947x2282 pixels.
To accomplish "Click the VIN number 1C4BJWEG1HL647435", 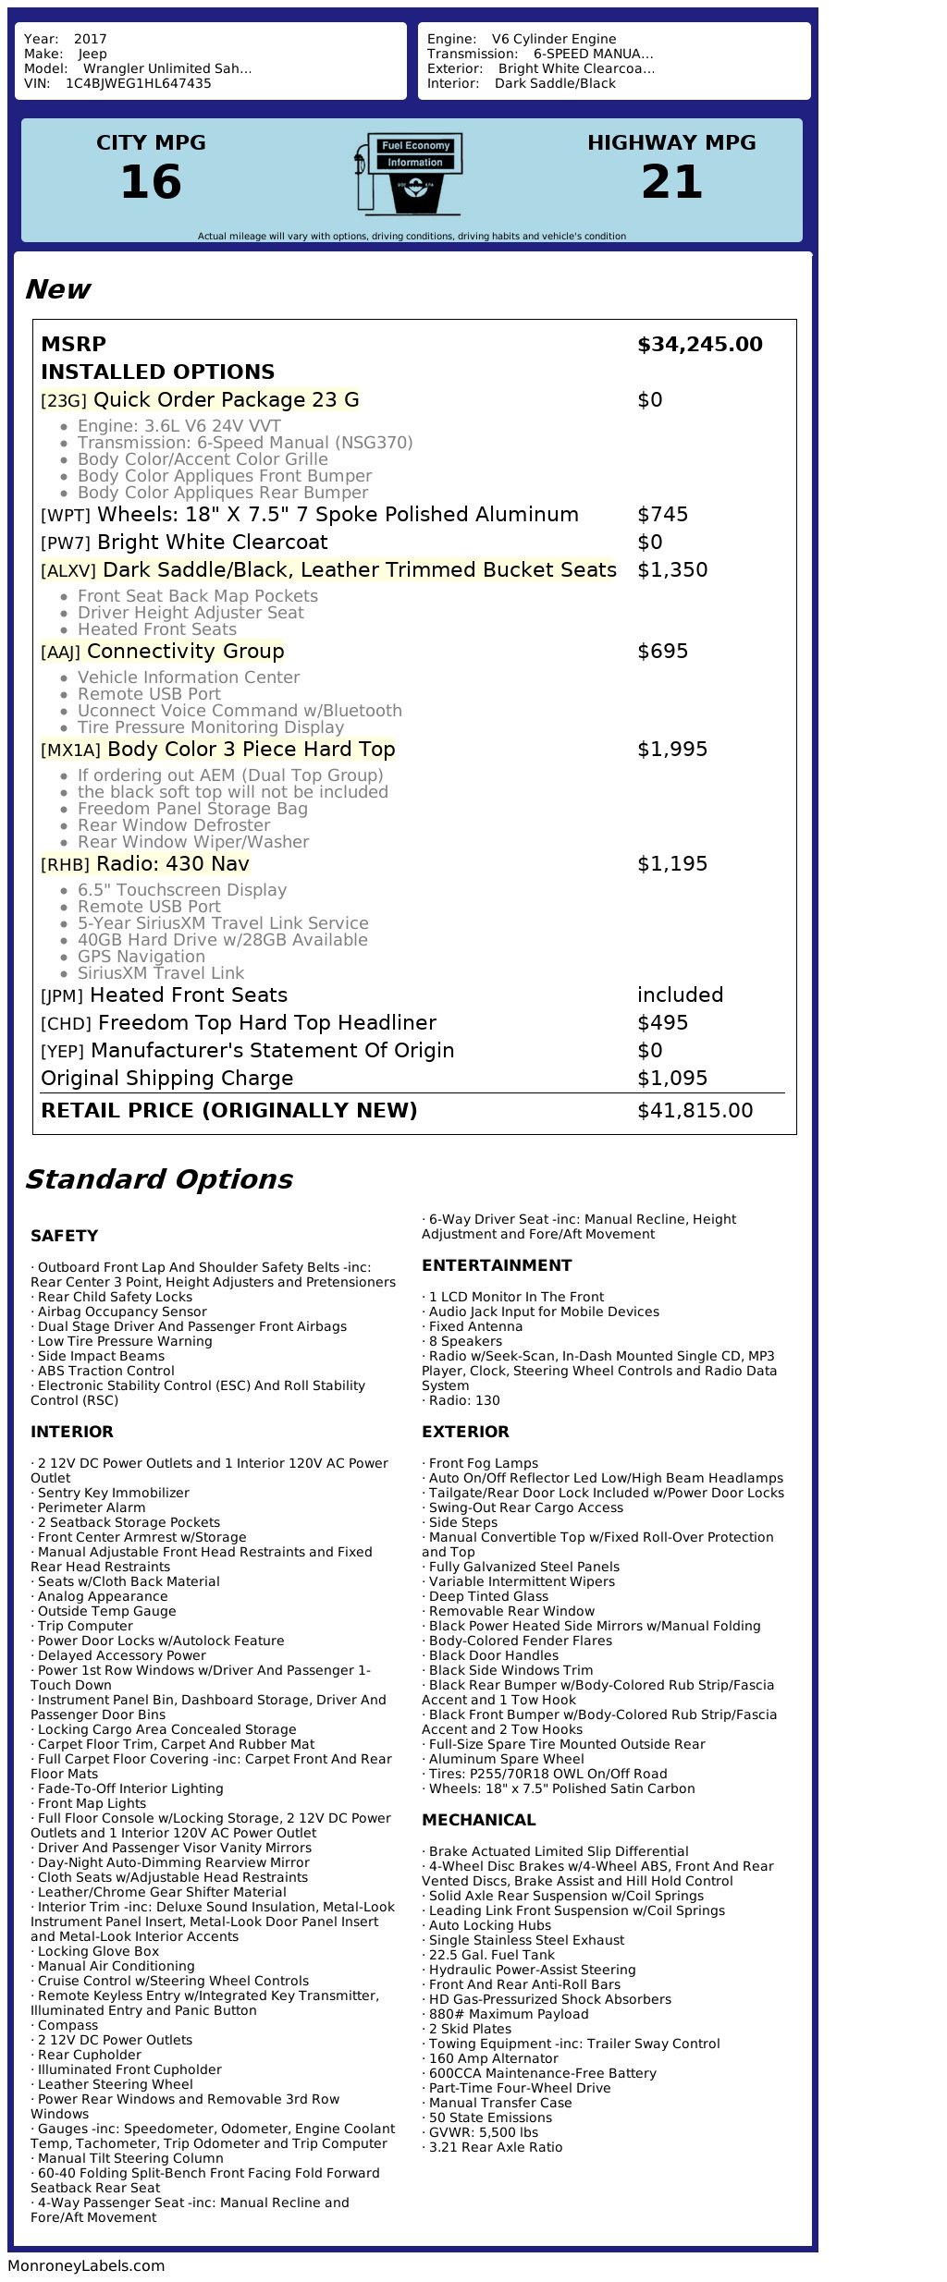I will click(x=138, y=83).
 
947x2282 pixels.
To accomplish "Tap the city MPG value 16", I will click(x=151, y=182).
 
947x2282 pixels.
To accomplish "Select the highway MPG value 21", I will click(x=671, y=182).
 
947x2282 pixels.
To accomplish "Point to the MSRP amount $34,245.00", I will click(x=699, y=345).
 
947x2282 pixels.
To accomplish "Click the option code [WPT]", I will click(x=66, y=516).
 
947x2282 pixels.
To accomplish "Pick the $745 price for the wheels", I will click(x=662, y=515).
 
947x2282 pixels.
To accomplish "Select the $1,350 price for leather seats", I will click(x=672, y=570).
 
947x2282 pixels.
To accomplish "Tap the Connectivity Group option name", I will click(x=185, y=652).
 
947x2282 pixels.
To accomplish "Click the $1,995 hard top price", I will click(x=672, y=750).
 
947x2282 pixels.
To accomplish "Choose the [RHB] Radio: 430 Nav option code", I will click(x=65, y=865).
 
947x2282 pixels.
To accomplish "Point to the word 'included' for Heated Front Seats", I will click(x=680, y=995).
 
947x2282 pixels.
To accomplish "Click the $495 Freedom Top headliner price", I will click(x=662, y=1023).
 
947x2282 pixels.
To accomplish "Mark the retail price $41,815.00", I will click(x=695, y=1111).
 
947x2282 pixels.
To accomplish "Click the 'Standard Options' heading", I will click(x=158, y=1180).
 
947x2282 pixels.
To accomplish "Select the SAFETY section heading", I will click(x=64, y=1237).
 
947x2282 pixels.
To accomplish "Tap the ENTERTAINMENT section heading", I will click(x=497, y=1266).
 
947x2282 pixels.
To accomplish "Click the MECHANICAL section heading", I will click(x=478, y=1821).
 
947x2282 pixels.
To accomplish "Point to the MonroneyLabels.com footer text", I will click(x=86, y=2265).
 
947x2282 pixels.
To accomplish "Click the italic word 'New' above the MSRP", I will click(x=57, y=290).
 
